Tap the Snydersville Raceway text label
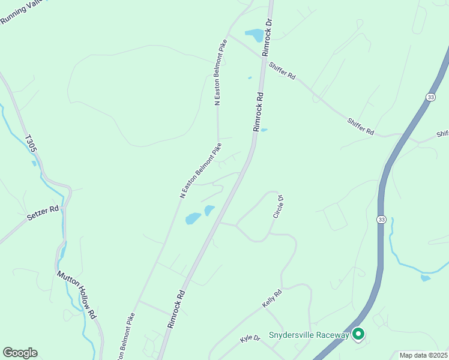(x=309, y=335)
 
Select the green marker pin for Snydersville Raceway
(x=358, y=334)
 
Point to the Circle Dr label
(x=278, y=206)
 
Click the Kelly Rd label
(x=272, y=299)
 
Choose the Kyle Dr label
(x=250, y=338)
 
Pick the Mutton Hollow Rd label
(x=76, y=295)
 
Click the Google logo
(x=20, y=353)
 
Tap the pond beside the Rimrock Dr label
(x=254, y=35)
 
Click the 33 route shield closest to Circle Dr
(x=381, y=220)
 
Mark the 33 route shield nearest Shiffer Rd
(x=431, y=97)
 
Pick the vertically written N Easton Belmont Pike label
(x=221, y=72)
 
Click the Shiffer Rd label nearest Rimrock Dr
(x=282, y=71)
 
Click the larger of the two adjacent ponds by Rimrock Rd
(x=193, y=218)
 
